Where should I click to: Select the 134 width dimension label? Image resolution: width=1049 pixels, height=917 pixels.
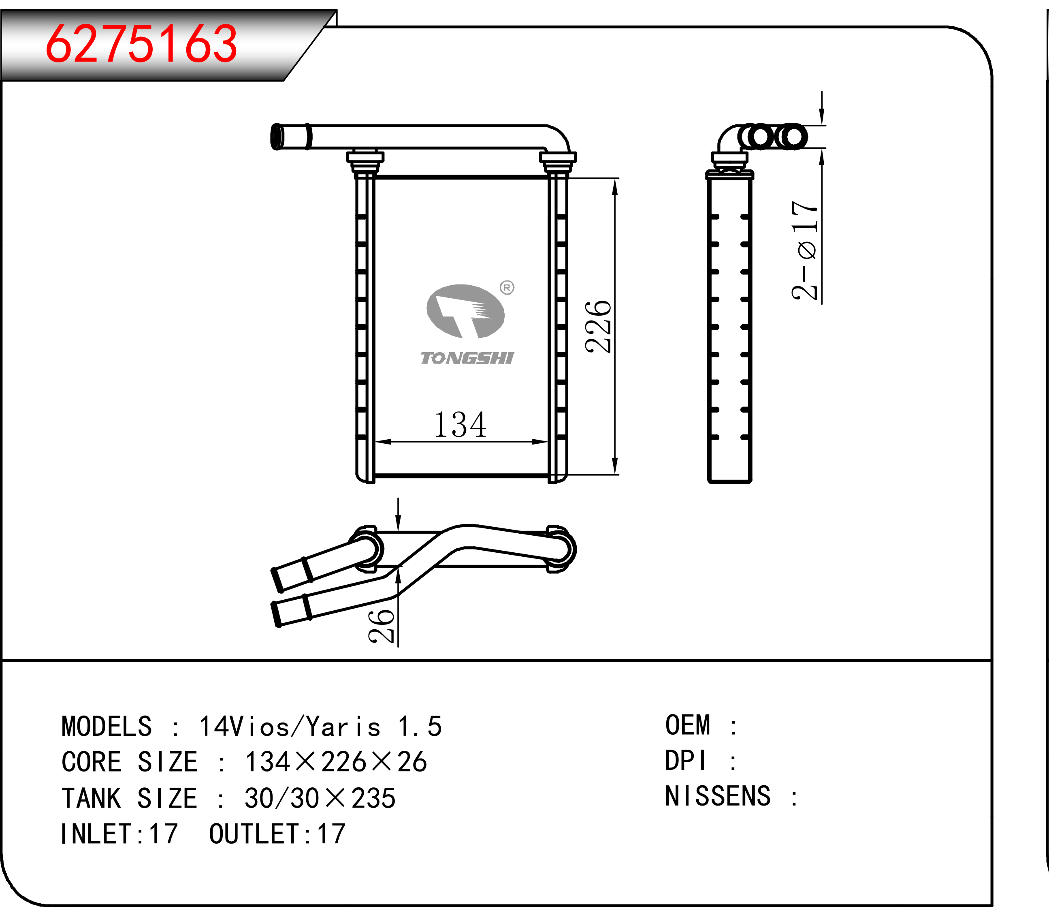[x=460, y=425]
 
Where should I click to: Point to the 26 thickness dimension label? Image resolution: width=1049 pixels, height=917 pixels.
[x=382, y=626]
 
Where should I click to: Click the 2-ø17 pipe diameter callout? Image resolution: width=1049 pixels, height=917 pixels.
[x=805, y=250]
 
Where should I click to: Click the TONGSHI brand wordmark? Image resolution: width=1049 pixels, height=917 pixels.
[x=467, y=358]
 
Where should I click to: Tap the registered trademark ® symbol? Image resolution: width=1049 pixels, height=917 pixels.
[x=507, y=288]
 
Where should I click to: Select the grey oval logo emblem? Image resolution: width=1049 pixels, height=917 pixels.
[x=465, y=311]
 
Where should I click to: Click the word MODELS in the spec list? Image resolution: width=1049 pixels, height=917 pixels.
[x=107, y=727]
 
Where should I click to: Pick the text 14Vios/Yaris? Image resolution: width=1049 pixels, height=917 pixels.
[x=290, y=727]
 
